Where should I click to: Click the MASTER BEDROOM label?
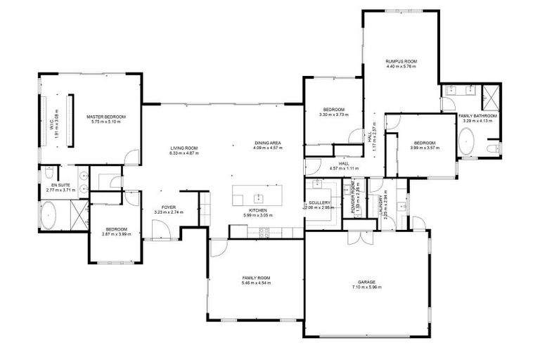[x=105, y=116]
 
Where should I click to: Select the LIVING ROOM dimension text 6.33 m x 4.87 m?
[x=184, y=153]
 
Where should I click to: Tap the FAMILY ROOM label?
[x=255, y=278]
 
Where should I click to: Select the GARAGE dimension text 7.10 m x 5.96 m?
[x=366, y=288]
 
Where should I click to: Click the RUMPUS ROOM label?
[x=401, y=62]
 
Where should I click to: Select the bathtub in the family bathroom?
[x=467, y=143]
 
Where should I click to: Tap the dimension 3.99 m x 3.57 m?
[x=425, y=148]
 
